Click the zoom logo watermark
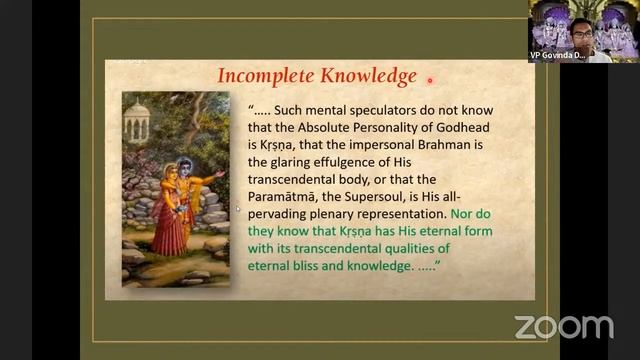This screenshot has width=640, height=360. click(564, 327)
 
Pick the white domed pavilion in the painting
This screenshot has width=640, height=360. click(137, 120)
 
